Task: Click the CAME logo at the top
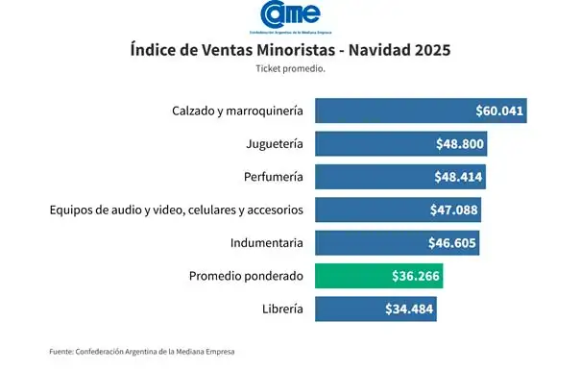click(x=290, y=16)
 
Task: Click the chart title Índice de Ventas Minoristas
click(x=290, y=50)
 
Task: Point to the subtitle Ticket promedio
click(x=289, y=69)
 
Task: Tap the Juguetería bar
click(x=400, y=144)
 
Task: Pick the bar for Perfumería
click(x=399, y=177)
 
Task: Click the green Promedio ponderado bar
click(x=378, y=276)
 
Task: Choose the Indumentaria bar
click(x=396, y=243)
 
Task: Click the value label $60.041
click(x=499, y=111)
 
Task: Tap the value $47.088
click(x=454, y=210)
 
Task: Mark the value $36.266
click(x=417, y=276)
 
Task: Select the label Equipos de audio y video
click(x=176, y=210)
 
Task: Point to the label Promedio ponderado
click(x=246, y=276)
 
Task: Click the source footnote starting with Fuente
click(x=141, y=352)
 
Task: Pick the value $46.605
click(x=452, y=243)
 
